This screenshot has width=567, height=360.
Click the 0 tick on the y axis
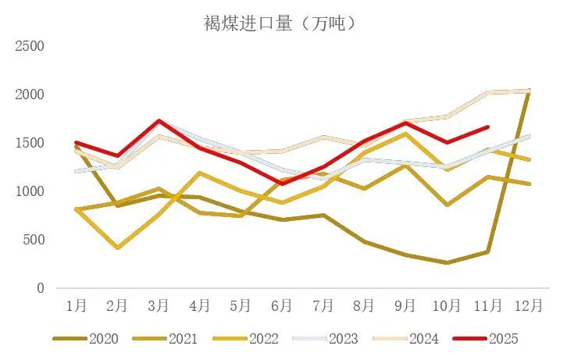[39, 288]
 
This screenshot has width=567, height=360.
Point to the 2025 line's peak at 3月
[159, 121]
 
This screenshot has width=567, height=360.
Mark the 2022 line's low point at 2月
[117, 248]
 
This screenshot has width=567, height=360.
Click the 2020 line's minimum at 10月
[446, 262]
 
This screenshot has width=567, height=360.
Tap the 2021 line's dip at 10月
[446, 205]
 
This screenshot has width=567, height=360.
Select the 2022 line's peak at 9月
[405, 134]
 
